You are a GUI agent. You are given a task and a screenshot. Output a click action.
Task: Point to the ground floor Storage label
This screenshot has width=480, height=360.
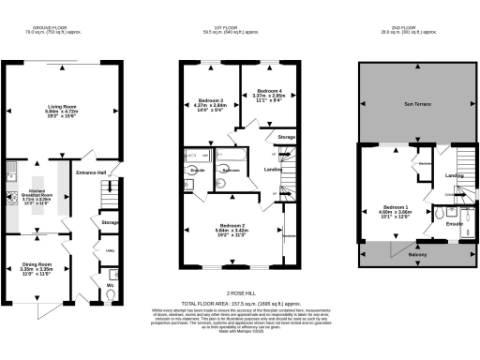(x=110, y=222)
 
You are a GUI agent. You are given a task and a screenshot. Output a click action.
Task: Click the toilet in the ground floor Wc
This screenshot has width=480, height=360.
(x=112, y=295)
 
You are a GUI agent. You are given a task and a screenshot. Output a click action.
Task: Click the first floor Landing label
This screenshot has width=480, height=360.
(x=274, y=170)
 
